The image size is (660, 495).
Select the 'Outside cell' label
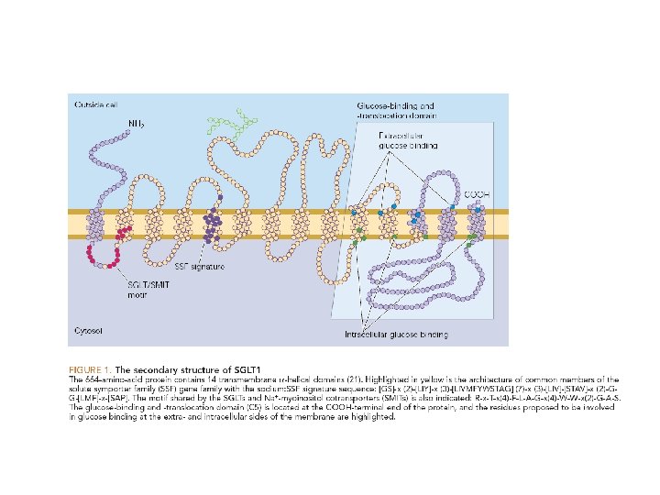[95, 104]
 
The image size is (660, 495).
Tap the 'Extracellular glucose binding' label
[409, 140]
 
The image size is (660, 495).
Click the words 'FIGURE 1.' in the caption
[93, 367]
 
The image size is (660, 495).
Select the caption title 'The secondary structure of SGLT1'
[180, 367]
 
